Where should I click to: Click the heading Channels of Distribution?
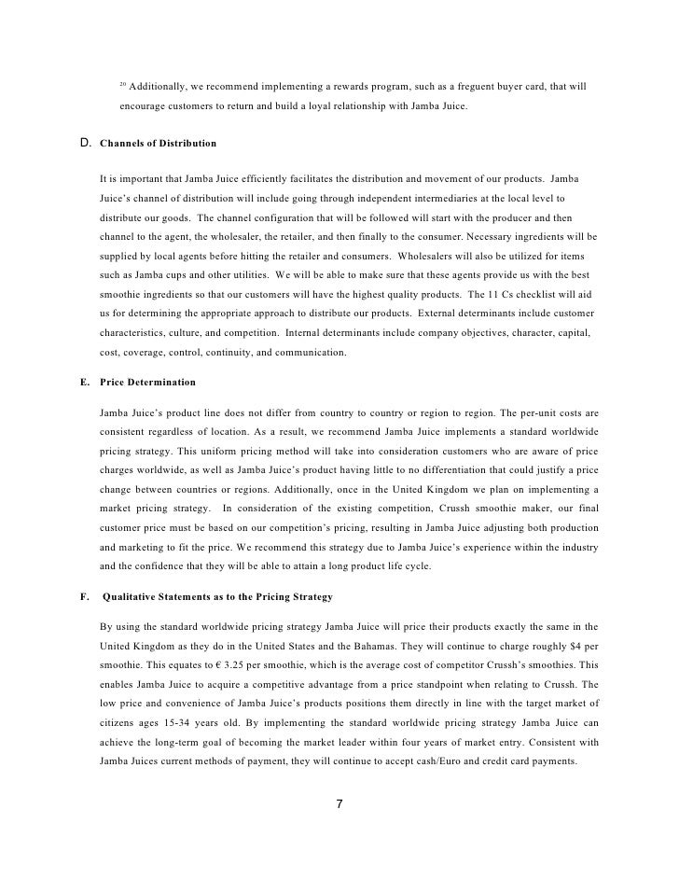(x=158, y=144)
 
